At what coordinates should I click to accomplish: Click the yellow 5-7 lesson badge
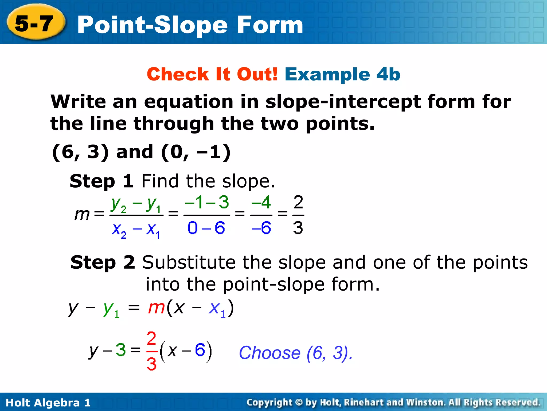coord(35,24)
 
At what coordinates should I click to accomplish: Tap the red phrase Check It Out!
coord(212,74)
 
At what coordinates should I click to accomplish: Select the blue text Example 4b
coord(342,74)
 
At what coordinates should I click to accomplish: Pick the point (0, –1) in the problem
coord(196,152)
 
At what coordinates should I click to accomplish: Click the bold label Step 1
coord(101,181)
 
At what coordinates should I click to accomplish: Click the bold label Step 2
coord(103,262)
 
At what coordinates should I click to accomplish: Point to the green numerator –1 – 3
coord(207,203)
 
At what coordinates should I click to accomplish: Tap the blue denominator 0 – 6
coord(206,228)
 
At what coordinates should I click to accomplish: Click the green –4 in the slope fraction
coord(261,203)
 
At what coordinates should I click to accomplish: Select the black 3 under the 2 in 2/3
coord(298,228)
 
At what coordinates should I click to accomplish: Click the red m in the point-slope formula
coord(156,308)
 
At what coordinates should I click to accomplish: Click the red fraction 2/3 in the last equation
coord(151,351)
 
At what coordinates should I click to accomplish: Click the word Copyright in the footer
coord(269,402)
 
